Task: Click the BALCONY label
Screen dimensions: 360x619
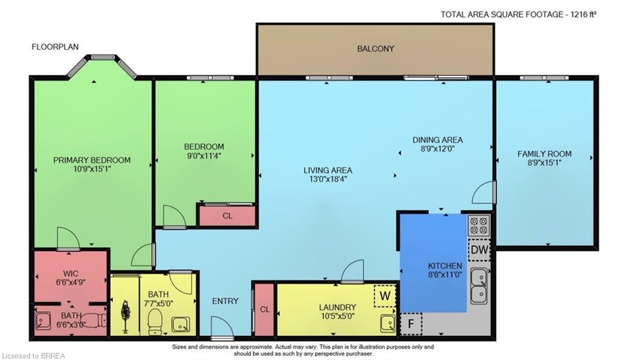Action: [375, 48]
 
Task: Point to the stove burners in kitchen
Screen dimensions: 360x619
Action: [479, 225]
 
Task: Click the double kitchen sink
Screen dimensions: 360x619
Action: [480, 286]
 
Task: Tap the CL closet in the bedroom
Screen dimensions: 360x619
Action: [227, 216]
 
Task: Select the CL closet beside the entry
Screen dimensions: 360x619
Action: [264, 309]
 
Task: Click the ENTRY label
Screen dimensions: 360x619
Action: [225, 301]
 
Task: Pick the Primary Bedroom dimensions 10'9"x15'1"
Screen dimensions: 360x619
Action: [91, 169]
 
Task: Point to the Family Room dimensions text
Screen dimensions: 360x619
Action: [544, 162]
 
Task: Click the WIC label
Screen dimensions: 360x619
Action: [71, 272]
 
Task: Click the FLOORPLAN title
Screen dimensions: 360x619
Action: [55, 47]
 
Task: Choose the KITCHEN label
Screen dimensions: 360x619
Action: [445, 266]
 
